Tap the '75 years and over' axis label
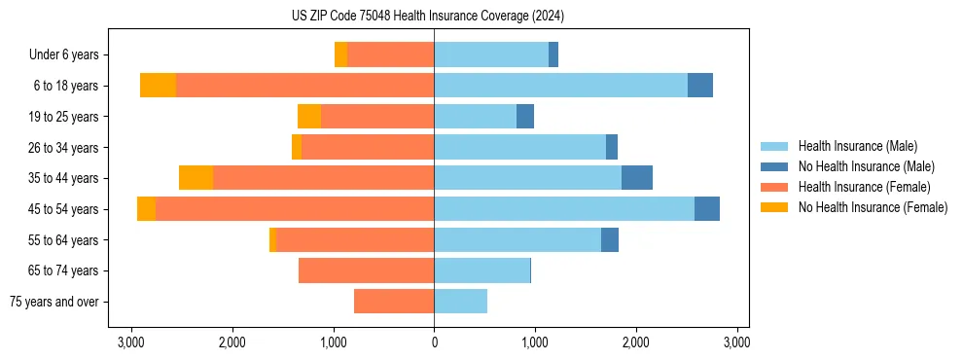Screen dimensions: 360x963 click(x=54, y=302)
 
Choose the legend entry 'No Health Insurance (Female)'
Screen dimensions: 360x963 click(x=873, y=207)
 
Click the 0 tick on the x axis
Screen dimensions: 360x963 click(x=434, y=342)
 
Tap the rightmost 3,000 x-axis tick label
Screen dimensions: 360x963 click(x=736, y=342)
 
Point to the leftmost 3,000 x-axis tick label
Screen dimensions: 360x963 click(x=131, y=342)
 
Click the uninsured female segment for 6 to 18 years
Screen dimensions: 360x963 click(x=158, y=86)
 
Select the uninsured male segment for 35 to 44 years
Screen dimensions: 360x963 click(x=637, y=178)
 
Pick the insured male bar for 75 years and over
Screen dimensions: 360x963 click(x=460, y=302)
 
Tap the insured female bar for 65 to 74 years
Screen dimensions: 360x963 click(x=366, y=270)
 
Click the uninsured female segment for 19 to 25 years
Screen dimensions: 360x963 click(x=309, y=117)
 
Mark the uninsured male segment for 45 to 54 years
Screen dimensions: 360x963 click(x=707, y=209)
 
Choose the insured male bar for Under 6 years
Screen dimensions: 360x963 click(x=491, y=55)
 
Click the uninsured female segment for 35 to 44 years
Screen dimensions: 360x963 click(x=196, y=178)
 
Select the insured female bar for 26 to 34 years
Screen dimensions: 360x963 click(x=368, y=148)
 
